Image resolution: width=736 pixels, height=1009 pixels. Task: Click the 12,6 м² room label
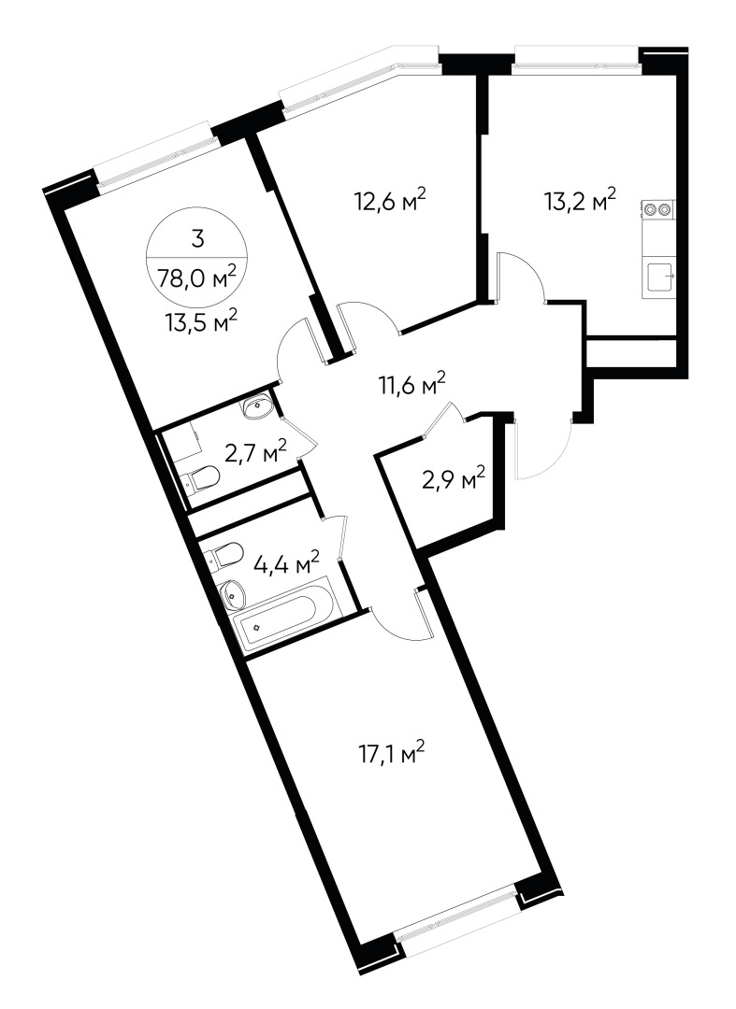point(390,200)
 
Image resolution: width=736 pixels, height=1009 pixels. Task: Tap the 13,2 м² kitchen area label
point(580,200)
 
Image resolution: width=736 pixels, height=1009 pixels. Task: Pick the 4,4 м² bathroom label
point(285,563)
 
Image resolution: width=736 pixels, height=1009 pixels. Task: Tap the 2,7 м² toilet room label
point(253,454)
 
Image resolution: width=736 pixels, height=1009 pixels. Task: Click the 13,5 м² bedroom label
point(199,320)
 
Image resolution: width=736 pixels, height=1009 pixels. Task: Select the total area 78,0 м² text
point(197,276)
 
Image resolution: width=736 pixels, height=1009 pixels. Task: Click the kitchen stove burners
point(657,210)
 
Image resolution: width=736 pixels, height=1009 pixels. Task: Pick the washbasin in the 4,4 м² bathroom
point(231,591)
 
